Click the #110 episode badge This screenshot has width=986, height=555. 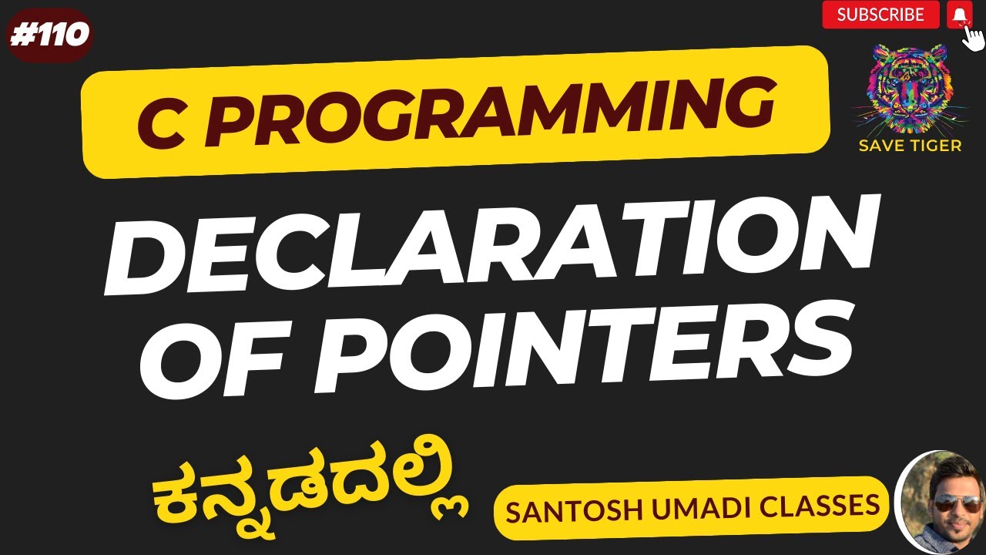pyautogui.click(x=49, y=35)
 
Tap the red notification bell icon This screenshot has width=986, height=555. pyautogui.click(x=960, y=15)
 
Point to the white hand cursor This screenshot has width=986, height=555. pyautogui.click(x=972, y=38)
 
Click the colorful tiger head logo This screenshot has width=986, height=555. pyautogui.click(x=909, y=89)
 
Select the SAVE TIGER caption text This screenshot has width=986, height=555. pyautogui.click(x=910, y=146)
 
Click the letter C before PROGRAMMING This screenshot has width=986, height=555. pyautogui.click(x=162, y=126)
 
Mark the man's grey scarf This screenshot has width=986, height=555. pyautogui.click(x=947, y=541)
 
